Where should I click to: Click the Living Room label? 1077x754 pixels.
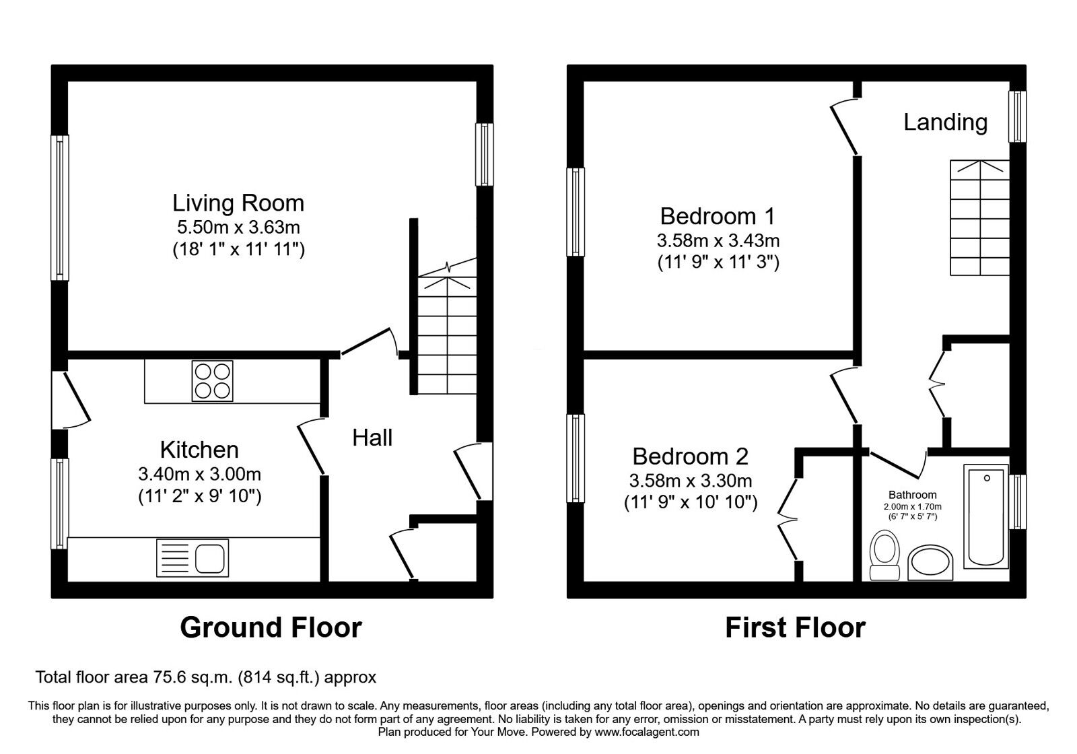click(x=238, y=203)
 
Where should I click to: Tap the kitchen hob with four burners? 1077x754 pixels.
click(x=213, y=381)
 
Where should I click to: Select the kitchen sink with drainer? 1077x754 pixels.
click(x=193, y=558)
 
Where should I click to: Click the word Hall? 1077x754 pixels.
click(x=372, y=438)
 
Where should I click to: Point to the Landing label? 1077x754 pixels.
click(x=945, y=122)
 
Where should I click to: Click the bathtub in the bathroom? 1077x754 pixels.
click(x=986, y=516)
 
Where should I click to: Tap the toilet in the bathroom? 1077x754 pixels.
click(x=884, y=555)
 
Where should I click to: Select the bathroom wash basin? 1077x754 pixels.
click(x=930, y=563)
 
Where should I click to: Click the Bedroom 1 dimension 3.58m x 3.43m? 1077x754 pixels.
click(x=718, y=240)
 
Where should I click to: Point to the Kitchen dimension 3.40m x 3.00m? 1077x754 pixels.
click(x=199, y=475)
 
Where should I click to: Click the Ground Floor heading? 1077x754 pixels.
click(x=271, y=627)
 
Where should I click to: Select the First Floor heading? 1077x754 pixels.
click(x=795, y=627)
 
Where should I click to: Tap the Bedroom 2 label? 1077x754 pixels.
click(x=691, y=456)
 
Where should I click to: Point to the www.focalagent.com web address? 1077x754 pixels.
click(x=647, y=732)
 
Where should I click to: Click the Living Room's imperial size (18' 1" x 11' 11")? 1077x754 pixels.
click(x=238, y=249)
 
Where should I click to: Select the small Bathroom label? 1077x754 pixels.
click(x=913, y=495)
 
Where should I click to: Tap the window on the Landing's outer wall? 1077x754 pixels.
click(x=1017, y=116)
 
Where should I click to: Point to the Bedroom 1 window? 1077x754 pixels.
click(x=576, y=211)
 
